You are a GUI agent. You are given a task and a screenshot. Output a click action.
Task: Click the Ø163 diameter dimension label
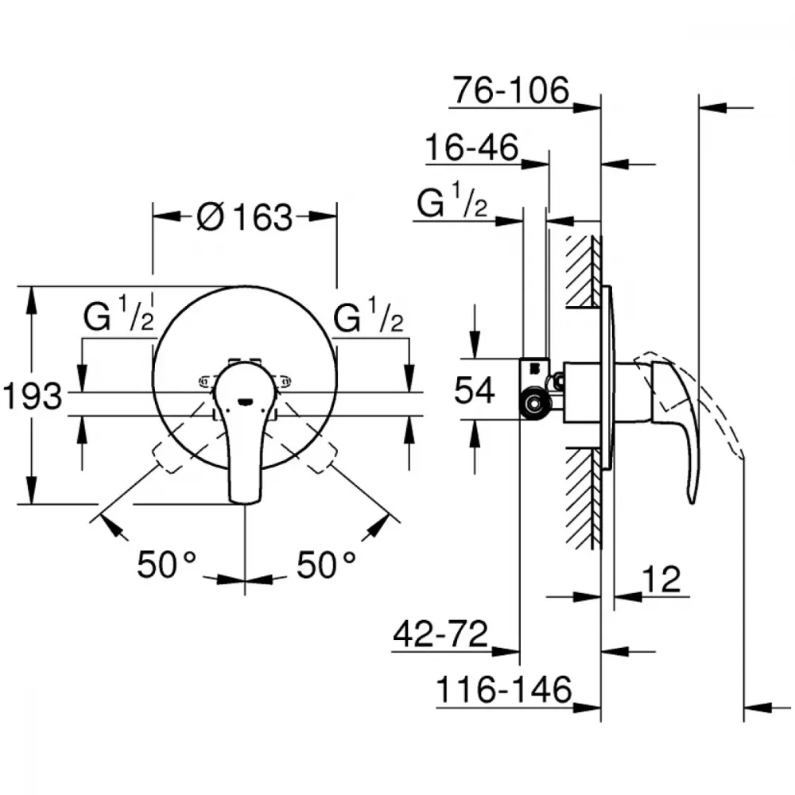point(244,217)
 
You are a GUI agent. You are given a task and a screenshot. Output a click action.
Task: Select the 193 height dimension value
point(33,396)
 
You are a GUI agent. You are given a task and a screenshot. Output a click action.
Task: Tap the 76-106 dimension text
point(511,91)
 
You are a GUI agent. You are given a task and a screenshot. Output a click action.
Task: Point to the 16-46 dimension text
point(472,147)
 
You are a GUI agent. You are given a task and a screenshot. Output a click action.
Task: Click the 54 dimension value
point(474,390)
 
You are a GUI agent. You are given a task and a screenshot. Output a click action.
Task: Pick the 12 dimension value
point(661,579)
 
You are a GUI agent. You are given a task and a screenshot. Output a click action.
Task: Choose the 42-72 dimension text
point(440,634)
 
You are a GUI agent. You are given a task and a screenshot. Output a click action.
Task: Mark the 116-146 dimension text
point(504,689)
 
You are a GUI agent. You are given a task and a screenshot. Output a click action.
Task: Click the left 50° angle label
point(167,564)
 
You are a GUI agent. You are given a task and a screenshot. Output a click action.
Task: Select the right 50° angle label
point(326,564)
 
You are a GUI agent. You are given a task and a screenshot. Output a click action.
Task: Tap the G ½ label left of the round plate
point(118,314)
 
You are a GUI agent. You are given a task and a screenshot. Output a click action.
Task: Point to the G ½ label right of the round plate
point(368,314)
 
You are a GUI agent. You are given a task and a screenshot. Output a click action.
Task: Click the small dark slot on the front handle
point(245,402)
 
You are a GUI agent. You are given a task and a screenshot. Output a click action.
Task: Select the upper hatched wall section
point(584,271)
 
